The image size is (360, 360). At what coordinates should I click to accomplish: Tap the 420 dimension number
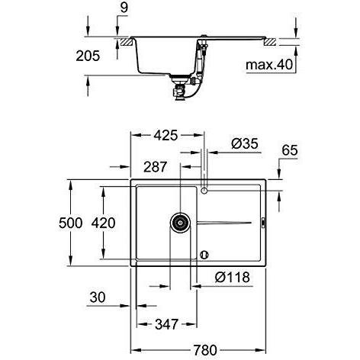pyautogui.click(x=104, y=223)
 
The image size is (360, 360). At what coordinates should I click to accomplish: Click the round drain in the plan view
pyautogui.click(x=180, y=223)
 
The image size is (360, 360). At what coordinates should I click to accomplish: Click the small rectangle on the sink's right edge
pyautogui.click(x=263, y=222)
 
